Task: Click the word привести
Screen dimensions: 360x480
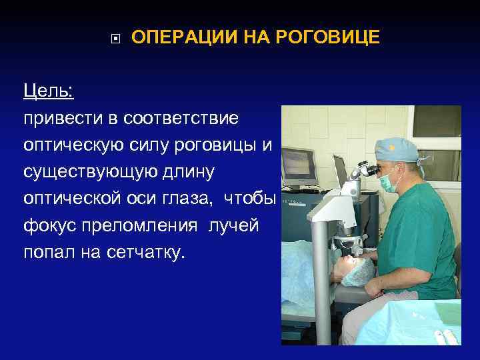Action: (61, 118)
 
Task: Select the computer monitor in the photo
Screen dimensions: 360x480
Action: (298, 161)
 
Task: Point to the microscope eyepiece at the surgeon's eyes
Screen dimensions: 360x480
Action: (367, 169)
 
